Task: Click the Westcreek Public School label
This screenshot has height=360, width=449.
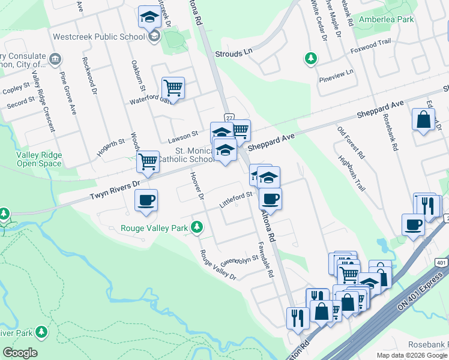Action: click(x=99, y=36)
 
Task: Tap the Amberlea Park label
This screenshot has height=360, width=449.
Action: click(x=387, y=19)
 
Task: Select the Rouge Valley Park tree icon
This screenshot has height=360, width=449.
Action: click(x=196, y=227)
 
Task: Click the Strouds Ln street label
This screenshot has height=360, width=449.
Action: click(x=234, y=53)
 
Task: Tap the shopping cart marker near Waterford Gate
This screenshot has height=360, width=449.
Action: click(x=173, y=88)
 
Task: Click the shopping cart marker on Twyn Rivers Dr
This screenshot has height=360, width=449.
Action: click(x=147, y=161)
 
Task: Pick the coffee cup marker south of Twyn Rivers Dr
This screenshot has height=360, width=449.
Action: click(x=146, y=200)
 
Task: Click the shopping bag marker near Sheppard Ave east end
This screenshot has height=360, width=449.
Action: click(x=423, y=119)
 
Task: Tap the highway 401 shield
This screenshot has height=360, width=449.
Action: click(x=441, y=262)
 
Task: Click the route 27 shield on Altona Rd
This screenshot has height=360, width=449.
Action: click(x=229, y=117)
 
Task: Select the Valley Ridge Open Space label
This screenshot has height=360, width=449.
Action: click(x=39, y=159)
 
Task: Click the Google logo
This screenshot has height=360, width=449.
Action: click(x=20, y=353)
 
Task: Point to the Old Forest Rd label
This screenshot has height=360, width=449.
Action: click(x=351, y=142)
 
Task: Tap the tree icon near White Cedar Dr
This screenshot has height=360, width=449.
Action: click(x=311, y=58)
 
